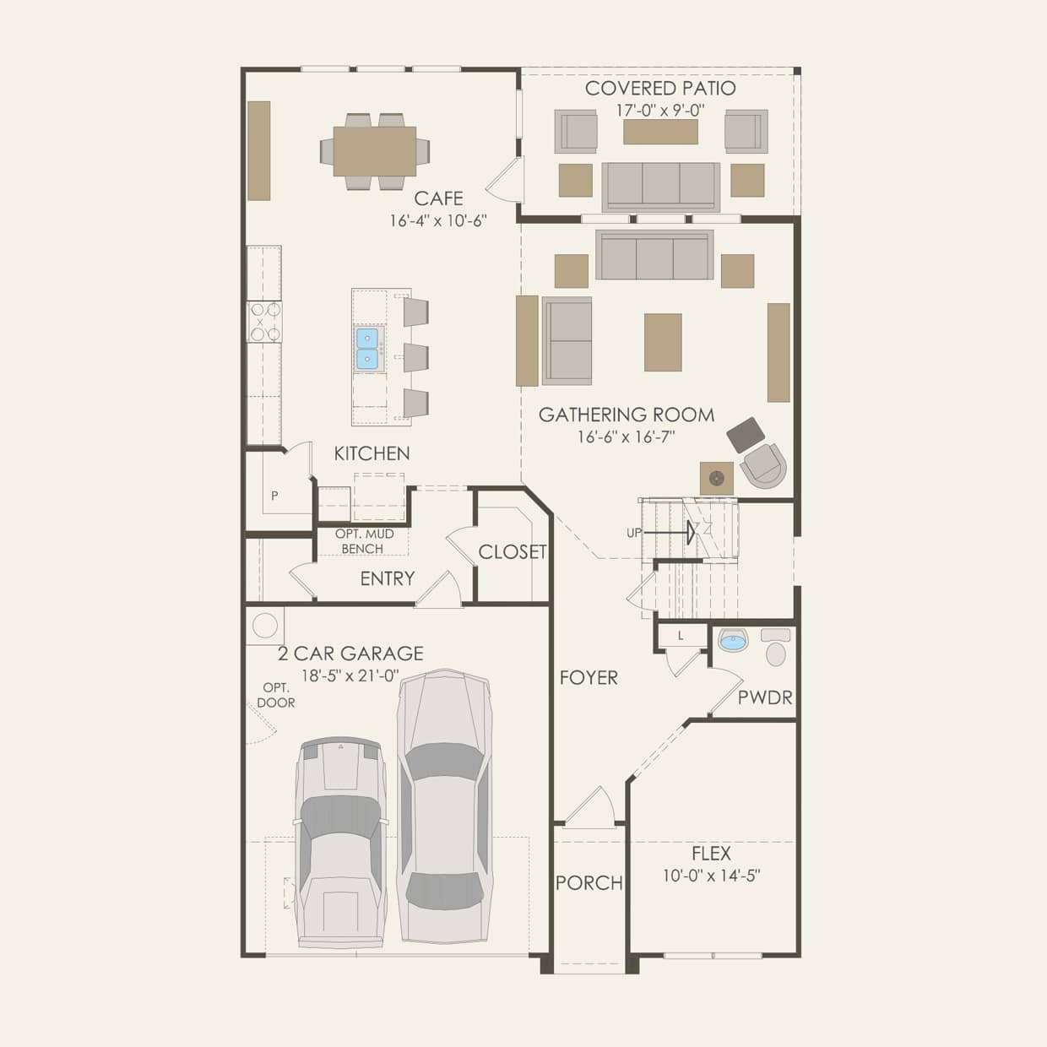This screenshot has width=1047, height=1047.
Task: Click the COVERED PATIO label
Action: click(x=660, y=88)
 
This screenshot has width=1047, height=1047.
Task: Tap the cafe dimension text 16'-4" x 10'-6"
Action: click(x=438, y=220)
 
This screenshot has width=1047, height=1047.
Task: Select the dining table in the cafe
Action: click(x=374, y=151)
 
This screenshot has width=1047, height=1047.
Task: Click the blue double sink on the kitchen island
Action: click(x=367, y=349)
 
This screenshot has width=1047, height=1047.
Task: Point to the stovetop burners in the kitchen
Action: click(x=264, y=322)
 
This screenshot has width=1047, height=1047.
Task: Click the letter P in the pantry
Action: click(x=274, y=496)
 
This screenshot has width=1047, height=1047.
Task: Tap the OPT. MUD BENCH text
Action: click(x=363, y=541)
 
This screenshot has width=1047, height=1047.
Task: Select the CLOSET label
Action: click(x=513, y=552)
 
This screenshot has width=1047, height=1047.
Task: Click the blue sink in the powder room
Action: click(x=734, y=641)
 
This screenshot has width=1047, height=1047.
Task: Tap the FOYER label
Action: click(x=589, y=677)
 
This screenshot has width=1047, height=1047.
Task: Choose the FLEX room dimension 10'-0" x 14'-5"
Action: click(x=711, y=876)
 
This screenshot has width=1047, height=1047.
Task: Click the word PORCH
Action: click(x=589, y=883)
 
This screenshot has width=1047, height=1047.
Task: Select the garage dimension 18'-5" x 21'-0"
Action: click(x=350, y=675)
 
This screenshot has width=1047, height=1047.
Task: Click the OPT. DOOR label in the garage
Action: click(x=276, y=695)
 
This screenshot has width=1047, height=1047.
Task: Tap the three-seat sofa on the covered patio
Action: click(x=660, y=187)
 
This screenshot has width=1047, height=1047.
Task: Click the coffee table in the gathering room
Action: click(x=663, y=342)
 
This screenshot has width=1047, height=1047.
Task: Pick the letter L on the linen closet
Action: click(x=681, y=636)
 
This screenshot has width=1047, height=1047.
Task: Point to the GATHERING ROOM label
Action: click(x=626, y=415)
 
